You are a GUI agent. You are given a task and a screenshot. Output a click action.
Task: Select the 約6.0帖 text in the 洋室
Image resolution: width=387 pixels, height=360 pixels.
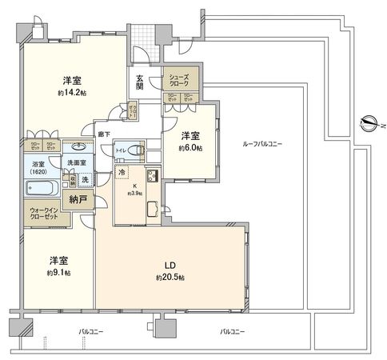(190, 148)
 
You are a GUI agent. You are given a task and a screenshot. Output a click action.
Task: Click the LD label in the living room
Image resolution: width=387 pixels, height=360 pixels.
(170, 265)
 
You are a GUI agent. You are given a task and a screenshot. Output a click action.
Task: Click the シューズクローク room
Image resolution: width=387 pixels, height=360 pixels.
(180, 80)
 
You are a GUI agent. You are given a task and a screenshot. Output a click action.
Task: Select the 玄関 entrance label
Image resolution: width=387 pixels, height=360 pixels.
(139, 82)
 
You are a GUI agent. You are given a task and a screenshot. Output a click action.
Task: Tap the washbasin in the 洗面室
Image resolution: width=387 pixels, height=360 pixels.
(78, 148)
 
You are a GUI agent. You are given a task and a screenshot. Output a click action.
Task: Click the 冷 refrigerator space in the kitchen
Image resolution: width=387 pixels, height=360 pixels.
(122, 173)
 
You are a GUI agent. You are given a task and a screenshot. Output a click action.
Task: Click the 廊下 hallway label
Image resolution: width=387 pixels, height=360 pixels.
(103, 134)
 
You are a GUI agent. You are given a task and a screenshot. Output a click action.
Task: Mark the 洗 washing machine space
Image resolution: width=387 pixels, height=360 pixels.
(85, 179)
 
